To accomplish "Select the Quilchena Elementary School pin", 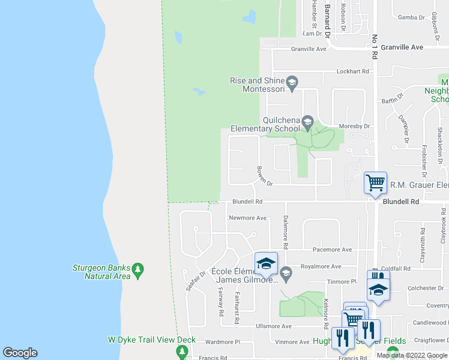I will click(307, 123).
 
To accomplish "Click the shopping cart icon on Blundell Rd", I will click(376, 181).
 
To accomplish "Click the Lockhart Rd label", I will click(353, 71).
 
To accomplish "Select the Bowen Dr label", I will click(264, 176).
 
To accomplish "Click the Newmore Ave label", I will click(247, 218).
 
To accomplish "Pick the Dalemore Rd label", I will click(286, 232).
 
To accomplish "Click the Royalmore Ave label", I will click(321, 266).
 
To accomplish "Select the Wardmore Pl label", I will click(222, 342).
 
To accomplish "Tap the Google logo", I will click(20, 353).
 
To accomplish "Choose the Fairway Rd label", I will click(220, 304).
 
